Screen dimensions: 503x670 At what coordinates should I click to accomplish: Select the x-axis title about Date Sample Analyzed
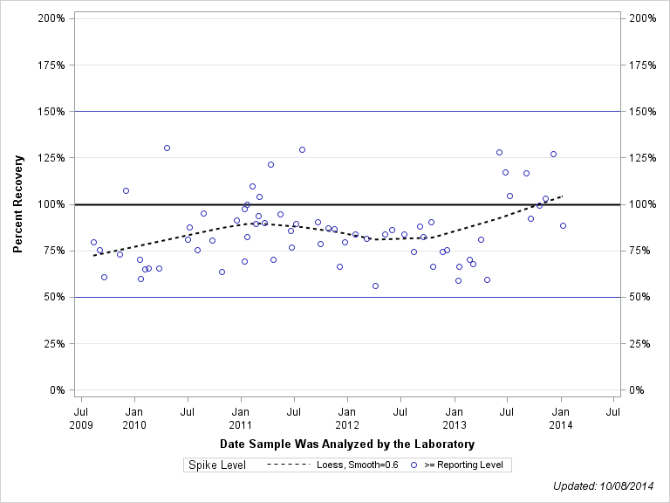pyautogui.click(x=347, y=444)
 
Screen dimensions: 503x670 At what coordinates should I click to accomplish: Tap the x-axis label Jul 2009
pyautogui.click(x=81, y=417)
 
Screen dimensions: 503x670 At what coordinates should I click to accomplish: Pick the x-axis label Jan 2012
pyautogui.click(x=347, y=417)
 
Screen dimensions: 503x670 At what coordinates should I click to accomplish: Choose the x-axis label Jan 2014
pyautogui.click(x=561, y=417)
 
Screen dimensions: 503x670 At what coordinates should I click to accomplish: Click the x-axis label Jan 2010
pyautogui.click(x=134, y=417)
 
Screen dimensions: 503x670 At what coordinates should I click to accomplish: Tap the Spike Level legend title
pyautogui.click(x=217, y=465)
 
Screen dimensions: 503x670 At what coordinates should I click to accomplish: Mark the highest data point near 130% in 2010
pyautogui.click(x=167, y=148)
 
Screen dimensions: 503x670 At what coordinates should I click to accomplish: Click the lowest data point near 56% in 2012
pyautogui.click(x=375, y=286)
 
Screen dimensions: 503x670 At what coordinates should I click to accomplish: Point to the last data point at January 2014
pyautogui.click(x=563, y=225)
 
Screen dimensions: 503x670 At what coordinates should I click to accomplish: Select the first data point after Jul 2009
pyautogui.click(x=93, y=242)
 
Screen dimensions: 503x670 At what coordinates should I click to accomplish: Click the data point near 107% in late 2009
pyautogui.click(x=126, y=190)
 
